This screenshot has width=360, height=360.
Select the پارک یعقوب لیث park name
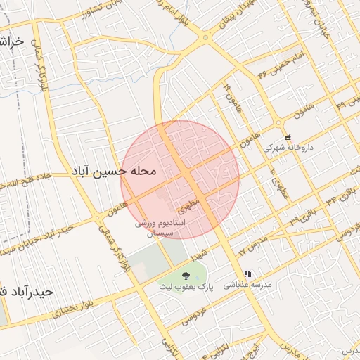(x=186, y=287)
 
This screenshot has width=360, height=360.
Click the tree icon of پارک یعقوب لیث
(x=186, y=276)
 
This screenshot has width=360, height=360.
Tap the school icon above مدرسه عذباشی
(x=247, y=274)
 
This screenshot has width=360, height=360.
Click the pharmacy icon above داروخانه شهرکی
(x=287, y=137)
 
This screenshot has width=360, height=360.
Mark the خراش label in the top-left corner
(x=12, y=42)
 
